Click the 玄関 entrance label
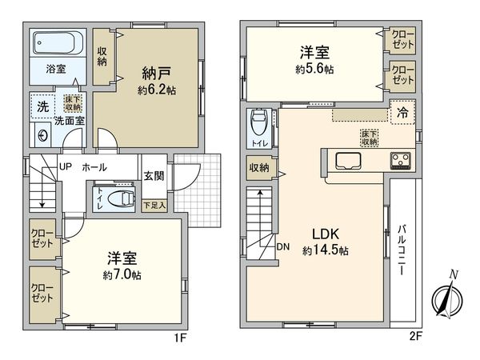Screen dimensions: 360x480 point(154,177)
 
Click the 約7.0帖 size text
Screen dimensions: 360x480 point(122,274)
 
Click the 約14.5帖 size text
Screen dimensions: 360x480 point(326,250)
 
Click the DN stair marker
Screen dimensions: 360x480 point(283,246)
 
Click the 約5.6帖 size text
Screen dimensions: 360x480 point(314,69)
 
